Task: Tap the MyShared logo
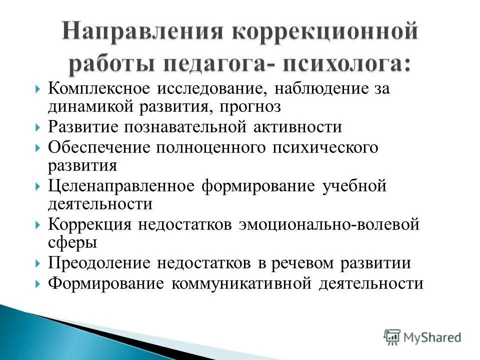[423, 336]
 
